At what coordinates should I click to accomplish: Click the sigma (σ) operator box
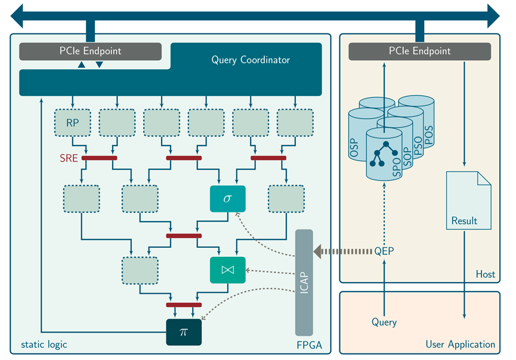[227, 198]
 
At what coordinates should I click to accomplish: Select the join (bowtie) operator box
[227, 270]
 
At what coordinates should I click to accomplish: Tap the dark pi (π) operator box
[184, 332]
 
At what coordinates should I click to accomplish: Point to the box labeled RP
[72, 123]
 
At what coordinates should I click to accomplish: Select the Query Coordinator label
[251, 60]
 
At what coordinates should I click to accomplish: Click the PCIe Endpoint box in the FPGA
[90, 51]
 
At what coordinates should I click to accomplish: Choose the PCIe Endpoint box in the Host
[419, 51]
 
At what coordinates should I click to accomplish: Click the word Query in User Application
[384, 322]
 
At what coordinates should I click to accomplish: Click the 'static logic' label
[44, 344]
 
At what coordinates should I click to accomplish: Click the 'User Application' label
[460, 344]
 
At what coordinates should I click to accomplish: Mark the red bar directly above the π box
[184, 305]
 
